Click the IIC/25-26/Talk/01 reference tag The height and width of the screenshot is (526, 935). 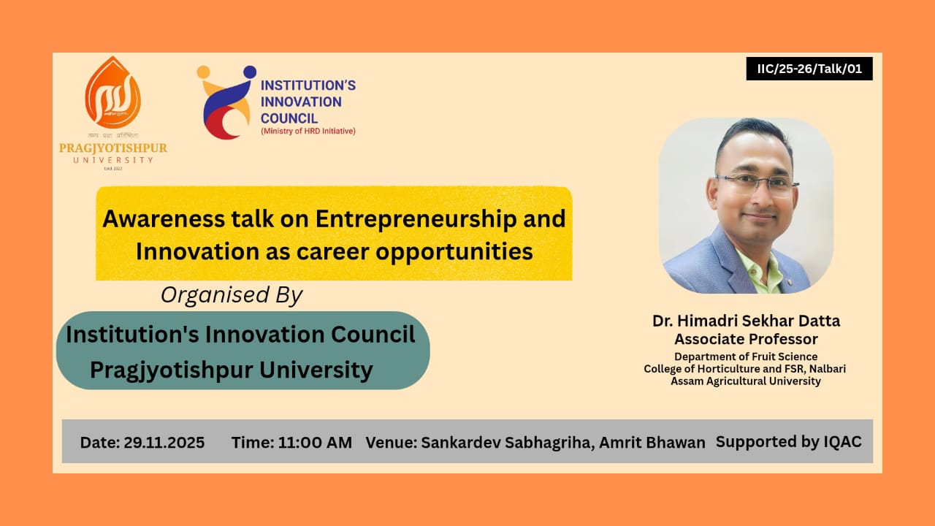click(x=809, y=69)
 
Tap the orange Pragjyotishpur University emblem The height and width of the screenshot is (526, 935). click(x=112, y=94)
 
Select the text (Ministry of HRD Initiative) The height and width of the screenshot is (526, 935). click(x=308, y=131)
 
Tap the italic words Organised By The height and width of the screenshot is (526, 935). click(x=231, y=294)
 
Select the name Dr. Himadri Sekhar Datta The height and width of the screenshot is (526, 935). click(x=746, y=321)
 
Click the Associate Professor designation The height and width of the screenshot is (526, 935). click(x=746, y=339)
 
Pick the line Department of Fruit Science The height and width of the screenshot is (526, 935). click(x=746, y=357)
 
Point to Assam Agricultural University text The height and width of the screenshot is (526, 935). click(x=746, y=381)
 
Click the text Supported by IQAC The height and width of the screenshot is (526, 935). click(x=788, y=441)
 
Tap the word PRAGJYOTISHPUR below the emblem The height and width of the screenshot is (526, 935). click(x=113, y=148)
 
